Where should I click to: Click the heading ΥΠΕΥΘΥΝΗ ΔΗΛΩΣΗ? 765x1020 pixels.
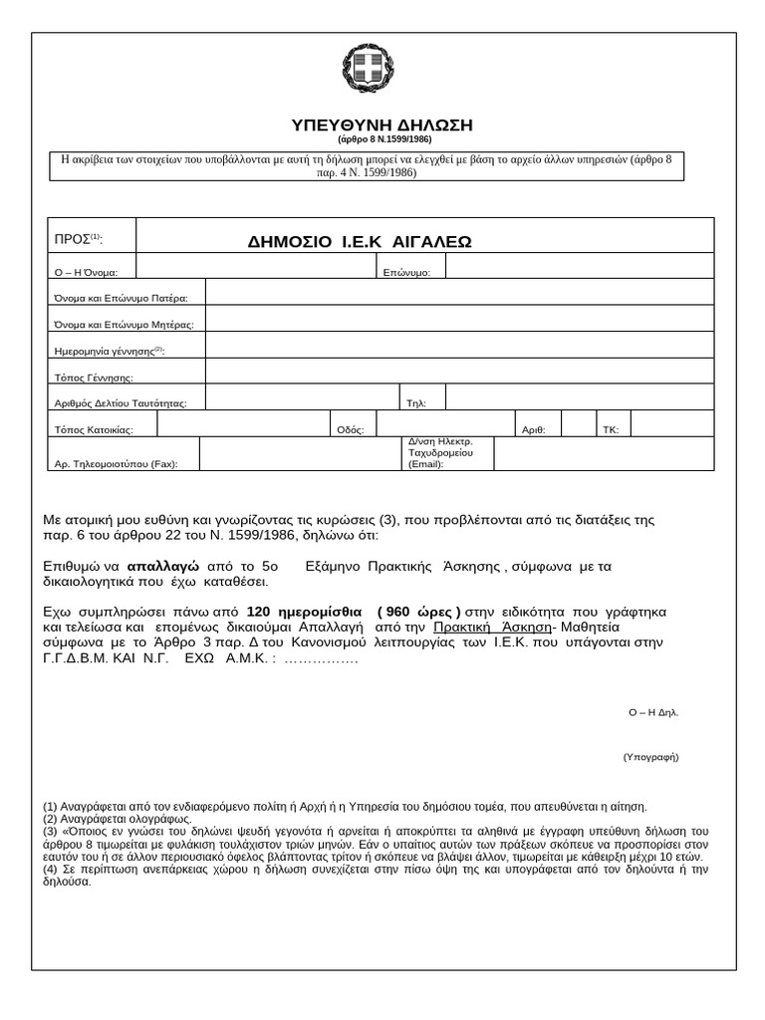pos(382,125)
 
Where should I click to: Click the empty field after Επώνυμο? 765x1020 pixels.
pos(579,266)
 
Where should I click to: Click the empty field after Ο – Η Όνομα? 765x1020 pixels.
pos(256,266)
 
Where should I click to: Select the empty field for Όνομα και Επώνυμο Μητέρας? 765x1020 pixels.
pos(459,319)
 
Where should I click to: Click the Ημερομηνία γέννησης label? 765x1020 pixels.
pos(109,351)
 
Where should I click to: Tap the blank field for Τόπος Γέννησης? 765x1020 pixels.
pos(459,371)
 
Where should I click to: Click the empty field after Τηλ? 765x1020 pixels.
pos(579,397)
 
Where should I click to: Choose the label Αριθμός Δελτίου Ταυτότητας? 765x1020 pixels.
pos(120,403)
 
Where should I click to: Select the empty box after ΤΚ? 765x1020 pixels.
pos(671,423)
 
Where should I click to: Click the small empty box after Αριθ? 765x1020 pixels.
pos(578,423)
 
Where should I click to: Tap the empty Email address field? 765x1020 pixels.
pos(604,453)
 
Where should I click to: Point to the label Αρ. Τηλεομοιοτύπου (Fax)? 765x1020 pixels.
pos(116,463)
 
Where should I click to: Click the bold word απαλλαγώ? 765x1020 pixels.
pos(163,566)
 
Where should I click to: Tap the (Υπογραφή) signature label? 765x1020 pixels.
pos(650,757)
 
